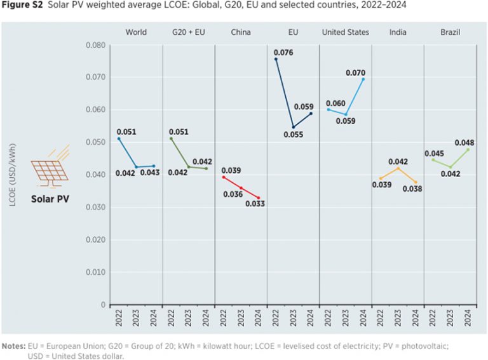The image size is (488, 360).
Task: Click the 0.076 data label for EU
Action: point(283,53)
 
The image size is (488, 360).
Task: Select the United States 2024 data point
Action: point(363,79)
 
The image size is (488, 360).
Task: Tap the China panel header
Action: point(241,32)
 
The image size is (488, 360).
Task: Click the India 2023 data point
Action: point(398,168)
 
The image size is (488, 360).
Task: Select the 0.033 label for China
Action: point(255,204)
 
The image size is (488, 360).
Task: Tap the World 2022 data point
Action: point(119,138)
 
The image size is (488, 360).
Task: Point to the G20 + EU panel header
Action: point(189,32)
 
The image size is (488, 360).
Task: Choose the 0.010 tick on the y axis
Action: point(93,272)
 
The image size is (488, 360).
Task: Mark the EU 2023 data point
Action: point(293,127)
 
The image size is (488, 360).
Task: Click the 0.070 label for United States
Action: point(355,73)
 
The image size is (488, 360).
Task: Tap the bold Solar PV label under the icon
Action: point(50,199)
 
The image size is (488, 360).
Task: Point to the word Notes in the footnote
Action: point(13,346)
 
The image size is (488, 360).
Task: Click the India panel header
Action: point(398,32)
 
